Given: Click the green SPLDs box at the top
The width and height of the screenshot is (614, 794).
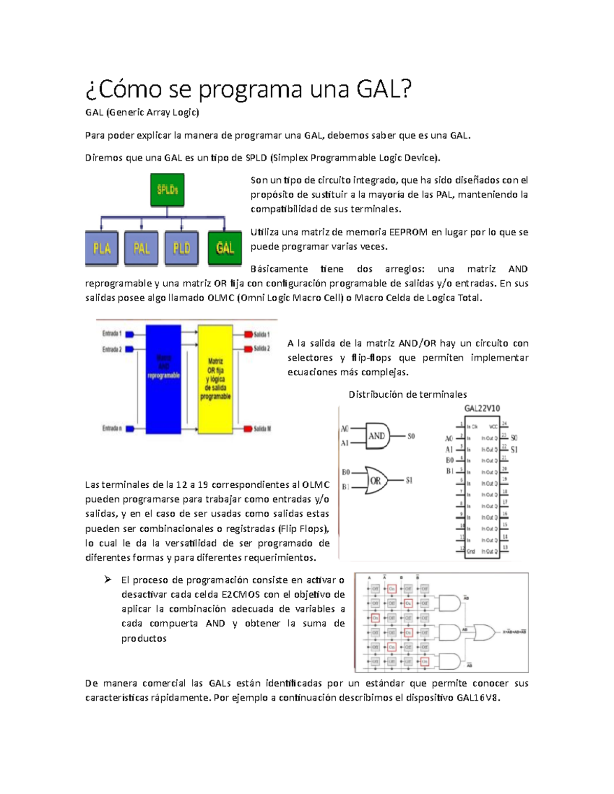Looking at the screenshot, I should pyautogui.click(x=167, y=190).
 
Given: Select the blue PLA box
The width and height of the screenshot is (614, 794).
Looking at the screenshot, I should pyautogui.click(x=102, y=248).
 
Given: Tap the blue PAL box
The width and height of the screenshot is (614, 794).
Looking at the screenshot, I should pyautogui.click(x=141, y=248).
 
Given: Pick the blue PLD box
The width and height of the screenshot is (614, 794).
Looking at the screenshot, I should pyautogui.click(x=181, y=248).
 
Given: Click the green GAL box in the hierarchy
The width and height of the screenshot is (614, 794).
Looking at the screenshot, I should pyautogui.click(x=225, y=248).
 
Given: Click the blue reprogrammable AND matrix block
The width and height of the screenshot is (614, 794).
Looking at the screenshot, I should pyautogui.click(x=163, y=379).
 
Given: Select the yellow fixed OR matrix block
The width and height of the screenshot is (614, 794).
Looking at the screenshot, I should pyautogui.click(x=215, y=379).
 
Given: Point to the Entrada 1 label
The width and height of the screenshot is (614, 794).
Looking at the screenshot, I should pyautogui.click(x=112, y=334).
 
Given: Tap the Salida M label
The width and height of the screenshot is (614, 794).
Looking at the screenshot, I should pyautogui.click(x=262, y=428).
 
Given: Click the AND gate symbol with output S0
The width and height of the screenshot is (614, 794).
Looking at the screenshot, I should pyautogui.click(x=378, y=436).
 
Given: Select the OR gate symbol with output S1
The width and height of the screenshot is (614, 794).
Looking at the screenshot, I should pyautogui.click(x=377, y=481).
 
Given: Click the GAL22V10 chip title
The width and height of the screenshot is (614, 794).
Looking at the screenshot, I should pyautogui.click(x=482, y=409).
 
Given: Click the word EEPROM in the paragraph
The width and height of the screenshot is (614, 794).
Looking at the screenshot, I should pyautogui.click(x=408, y=232).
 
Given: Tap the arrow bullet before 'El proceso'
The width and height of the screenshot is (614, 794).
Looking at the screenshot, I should pyautogui.click(x=107, y=580).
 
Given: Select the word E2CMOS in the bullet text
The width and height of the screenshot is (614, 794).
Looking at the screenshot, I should pyautogui.click(x=240, y=595).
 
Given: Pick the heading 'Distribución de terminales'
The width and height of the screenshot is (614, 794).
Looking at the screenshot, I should pyautogui.click(x=407, y=394).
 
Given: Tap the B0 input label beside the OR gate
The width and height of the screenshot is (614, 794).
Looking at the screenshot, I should pyautogui.click(x=346, y=472).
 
